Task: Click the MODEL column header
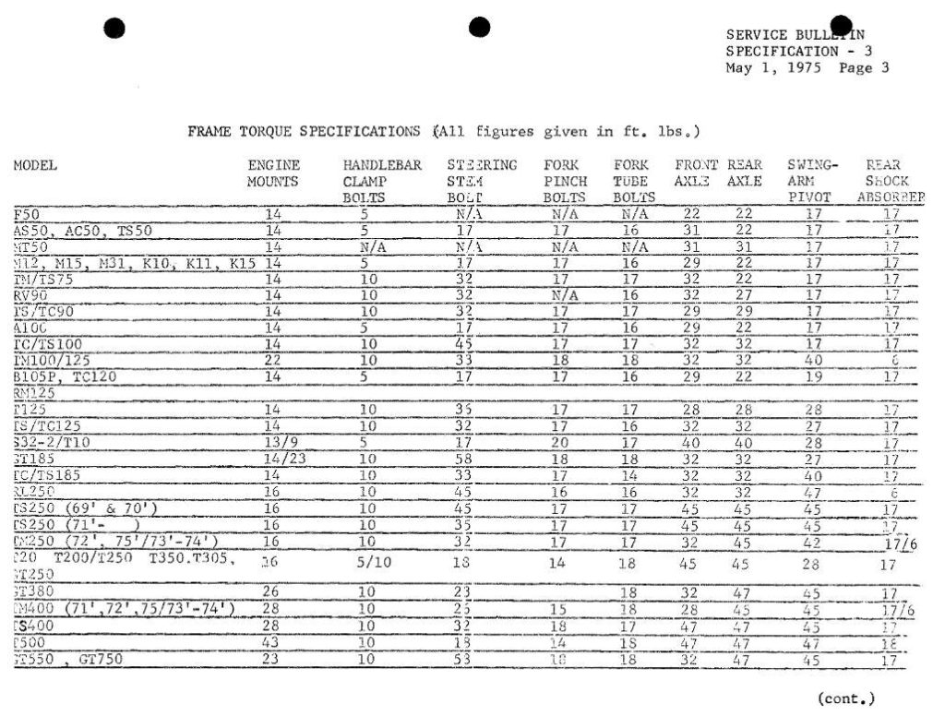pyautogui.click(x=35, y=166)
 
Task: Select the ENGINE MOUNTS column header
pyautogui.click(x=273, y=173)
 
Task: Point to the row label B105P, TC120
pyautogui.click(x=59, y=376)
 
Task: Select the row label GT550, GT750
pyautogui.click(x=69, y=659)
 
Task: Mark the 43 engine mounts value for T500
pyautogui.click(x=272, y=643)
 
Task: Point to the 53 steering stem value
pyautogui.click(x=463, y=659)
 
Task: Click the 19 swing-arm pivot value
pyautogui.click(x=811, y=376)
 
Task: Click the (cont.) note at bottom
pyautogui.click(x=845, y=698)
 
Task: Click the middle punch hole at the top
pyautogui.click(x=479, y=28)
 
